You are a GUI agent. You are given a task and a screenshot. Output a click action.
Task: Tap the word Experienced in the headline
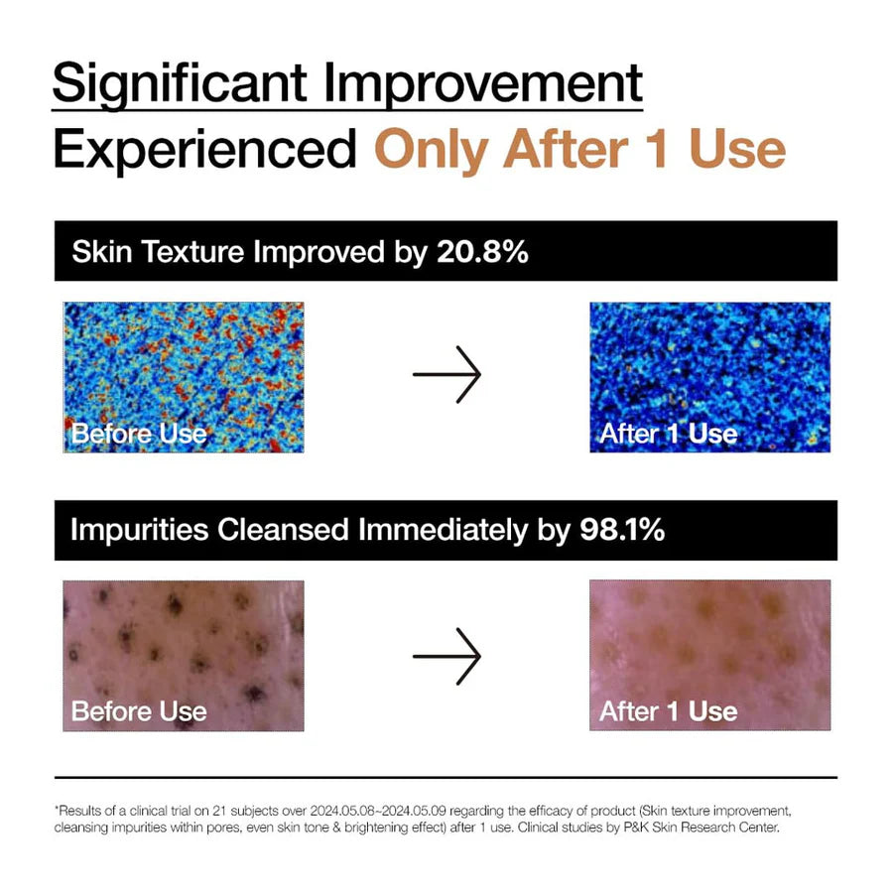[204, 149]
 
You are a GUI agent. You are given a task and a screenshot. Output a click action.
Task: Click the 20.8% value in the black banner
[482, 251]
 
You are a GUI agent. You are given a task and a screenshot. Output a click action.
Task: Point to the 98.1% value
[621, 530]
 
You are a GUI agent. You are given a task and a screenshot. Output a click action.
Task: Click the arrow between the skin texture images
[446, 375]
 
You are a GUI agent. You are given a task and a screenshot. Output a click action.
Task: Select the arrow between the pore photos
[446, 655]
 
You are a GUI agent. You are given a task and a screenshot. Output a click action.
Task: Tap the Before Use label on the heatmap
[139, 433]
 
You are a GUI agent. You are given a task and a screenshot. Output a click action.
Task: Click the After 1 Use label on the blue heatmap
[668, 433]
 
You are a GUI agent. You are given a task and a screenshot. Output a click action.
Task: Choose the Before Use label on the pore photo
[139, 710]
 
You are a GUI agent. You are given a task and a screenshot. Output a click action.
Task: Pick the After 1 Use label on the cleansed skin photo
[668, 710]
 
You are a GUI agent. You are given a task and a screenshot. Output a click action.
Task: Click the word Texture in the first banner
[195, 251]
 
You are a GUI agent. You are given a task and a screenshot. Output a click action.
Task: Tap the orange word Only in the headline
[432, 149]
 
